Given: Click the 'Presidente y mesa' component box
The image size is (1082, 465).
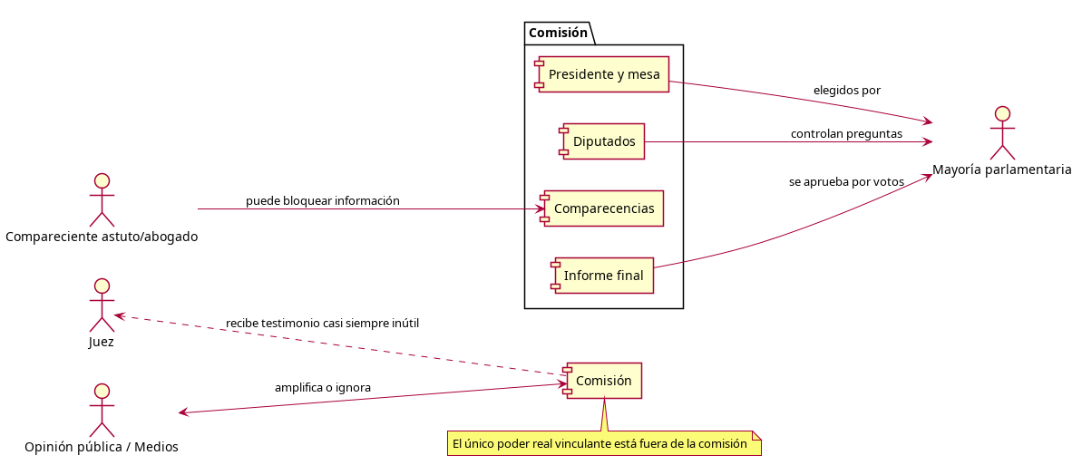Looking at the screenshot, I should click(603, 74).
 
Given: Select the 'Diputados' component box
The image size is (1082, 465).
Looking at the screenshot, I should click(603, 141).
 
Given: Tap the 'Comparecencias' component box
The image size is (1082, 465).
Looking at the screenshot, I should click(603, 208).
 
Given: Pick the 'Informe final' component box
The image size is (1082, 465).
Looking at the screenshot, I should click(603, 276).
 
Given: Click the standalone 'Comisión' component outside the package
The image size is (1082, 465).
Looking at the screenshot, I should click(603, 381).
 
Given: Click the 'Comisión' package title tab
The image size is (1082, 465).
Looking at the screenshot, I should click(558, 34).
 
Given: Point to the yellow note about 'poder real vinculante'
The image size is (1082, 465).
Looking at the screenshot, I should click(603, 443).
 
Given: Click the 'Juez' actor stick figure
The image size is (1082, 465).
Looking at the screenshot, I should click(102, 305).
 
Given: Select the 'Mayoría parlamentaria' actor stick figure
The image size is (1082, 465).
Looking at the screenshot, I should click(1001, 133).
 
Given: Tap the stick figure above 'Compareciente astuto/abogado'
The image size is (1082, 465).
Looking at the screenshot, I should click(102, 200).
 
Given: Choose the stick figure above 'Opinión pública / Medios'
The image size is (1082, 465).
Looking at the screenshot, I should click(102, 411).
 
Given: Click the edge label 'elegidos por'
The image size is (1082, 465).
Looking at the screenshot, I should click(846, 91).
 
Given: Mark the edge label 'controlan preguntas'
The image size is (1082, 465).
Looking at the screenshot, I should click(846, 133).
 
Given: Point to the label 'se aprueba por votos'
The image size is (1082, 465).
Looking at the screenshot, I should click(846, 182).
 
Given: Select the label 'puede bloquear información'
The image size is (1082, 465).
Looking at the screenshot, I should click(322, 200).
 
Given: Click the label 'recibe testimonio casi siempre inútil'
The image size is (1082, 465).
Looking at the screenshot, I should click(322, 323).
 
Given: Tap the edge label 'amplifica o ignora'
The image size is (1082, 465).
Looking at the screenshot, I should click(322, 388).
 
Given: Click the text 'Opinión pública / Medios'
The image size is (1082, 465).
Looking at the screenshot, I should click(102, 447).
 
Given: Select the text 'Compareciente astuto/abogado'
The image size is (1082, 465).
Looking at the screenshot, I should click(102, 237).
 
